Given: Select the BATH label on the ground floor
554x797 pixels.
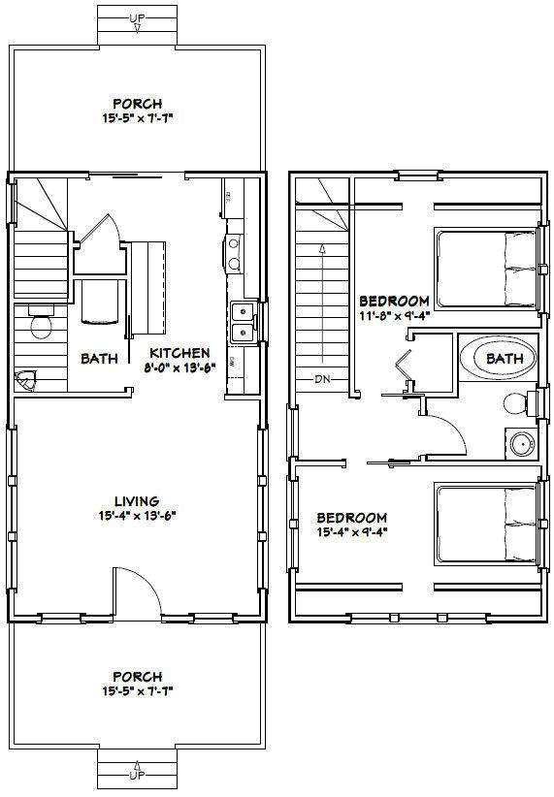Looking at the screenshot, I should (x=99, y=358).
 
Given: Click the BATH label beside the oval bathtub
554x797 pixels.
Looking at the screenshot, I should (x=505, y=358).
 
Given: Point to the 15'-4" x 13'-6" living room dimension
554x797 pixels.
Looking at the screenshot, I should (x=136, y=516).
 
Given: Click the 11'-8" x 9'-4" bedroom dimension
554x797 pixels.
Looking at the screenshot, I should (x=394, y=315).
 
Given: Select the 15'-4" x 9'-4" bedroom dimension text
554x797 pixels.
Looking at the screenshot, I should (x=352, y=532).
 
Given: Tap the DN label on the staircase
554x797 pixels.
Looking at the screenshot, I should (x=321, y=379).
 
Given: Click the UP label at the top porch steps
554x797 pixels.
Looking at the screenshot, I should (x=137, y=18).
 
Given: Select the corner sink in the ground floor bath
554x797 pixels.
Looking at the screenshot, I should (x=25, y=381).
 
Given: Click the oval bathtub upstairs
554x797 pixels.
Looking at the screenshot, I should (x=495, y=359).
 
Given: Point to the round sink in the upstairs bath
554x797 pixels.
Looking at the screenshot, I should (x=522, y=443).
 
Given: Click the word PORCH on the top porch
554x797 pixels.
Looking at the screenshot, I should (x=137, y=103).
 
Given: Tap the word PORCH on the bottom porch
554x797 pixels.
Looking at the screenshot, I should (x=137, y=676).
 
